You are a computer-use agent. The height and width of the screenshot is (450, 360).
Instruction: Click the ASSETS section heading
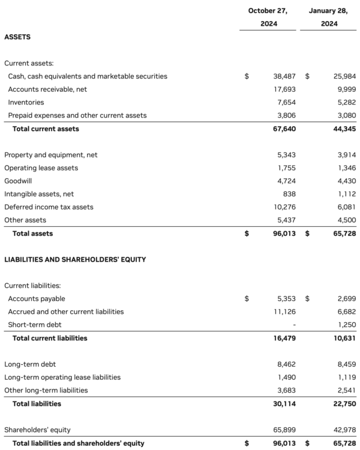(x=17, y=37)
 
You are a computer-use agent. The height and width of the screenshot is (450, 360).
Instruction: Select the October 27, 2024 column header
(x=268, y=17)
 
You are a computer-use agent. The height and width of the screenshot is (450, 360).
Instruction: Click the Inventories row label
(x=26, y=102)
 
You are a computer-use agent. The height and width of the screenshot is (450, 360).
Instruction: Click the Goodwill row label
(x=18, y=181)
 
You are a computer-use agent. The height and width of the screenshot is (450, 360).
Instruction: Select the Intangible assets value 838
(x=290, y=194)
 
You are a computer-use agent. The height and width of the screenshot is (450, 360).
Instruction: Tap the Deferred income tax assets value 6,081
(x=346, y=207)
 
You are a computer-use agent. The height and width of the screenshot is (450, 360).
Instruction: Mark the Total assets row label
(x=32, y=233)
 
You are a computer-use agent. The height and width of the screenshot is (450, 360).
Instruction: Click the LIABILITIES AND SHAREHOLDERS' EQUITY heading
(x=75, y=260)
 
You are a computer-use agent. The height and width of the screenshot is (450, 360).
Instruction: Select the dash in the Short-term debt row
(x=294, y=325)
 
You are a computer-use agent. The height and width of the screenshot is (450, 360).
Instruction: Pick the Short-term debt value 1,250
(x=346, y=325)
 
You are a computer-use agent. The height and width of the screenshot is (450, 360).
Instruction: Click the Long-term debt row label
(x=30, y=364)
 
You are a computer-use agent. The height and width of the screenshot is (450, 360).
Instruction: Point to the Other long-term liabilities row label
(x=46, y=390)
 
